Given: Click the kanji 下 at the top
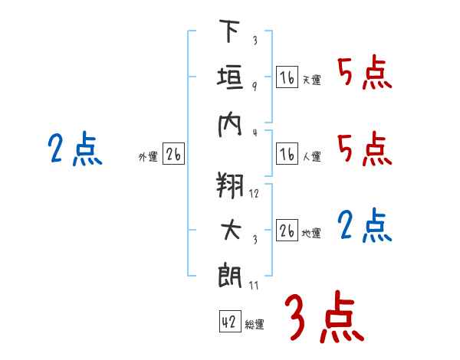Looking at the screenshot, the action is (229, 31).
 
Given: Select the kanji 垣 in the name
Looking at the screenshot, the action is (230, 77).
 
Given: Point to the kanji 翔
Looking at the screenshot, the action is (230, 185).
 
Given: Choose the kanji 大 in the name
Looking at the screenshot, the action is (231, 230).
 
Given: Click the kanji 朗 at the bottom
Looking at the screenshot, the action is (230, 275).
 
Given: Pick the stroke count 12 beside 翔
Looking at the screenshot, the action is (254, 194).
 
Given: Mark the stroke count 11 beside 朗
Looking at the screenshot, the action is (254, 285).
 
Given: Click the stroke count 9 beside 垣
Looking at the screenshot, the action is (255, 87).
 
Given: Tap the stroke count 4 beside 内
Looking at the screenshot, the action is (255, 133).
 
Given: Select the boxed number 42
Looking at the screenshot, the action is (230, 321).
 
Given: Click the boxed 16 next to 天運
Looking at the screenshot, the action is (287, 77).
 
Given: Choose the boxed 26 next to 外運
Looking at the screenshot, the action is (173, 154).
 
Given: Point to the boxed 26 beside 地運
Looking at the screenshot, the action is (287, 230).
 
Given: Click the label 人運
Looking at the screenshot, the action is (312, 156).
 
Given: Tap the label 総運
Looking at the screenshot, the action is (255, 324).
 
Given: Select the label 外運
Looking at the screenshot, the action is (148, 156).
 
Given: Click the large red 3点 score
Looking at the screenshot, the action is (324, 316).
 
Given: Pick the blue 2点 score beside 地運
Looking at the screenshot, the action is (365, 225).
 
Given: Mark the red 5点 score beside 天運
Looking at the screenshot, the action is (365, 72).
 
